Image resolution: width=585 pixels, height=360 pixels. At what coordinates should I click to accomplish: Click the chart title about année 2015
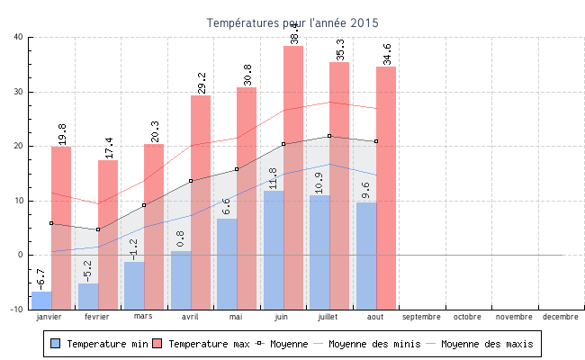click(x=292, y=22)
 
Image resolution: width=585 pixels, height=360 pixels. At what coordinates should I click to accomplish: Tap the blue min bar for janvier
click(x=41, y=300)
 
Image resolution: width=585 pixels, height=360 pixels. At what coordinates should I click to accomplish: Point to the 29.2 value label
click(x=202, y=83)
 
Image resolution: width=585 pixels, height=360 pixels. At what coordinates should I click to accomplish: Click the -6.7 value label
click(x=40, y=279)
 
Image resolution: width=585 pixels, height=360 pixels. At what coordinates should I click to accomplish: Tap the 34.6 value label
click(x=387, y=54)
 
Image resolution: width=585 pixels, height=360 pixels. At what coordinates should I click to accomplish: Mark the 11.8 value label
click(x=273, y=178)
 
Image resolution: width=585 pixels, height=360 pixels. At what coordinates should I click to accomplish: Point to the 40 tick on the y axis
click(x=18, y=37)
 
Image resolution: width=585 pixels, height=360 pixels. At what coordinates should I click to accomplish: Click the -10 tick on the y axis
click(x=16, y=309)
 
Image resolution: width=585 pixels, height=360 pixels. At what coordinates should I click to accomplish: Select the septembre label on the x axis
click(x=421, y=317)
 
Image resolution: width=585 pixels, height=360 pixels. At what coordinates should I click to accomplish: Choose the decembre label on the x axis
click(x=561, y=317)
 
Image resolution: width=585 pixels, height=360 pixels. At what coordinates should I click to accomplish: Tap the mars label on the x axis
click(x=143, y=317)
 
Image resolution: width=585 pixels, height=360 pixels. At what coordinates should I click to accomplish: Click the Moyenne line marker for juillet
click(x=330, y=136)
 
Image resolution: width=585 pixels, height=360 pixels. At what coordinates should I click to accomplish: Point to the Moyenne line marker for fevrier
click(x=98, y=229)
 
